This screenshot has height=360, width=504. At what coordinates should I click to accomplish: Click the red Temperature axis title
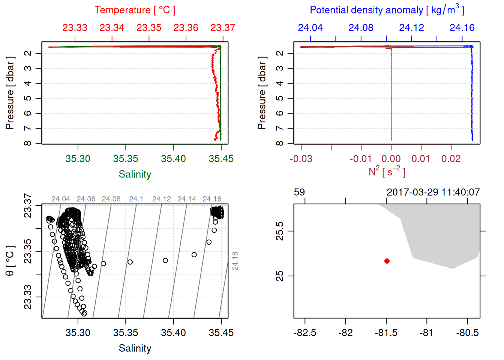pos(135,10)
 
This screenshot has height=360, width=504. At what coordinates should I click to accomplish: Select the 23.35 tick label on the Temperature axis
pos(149,28)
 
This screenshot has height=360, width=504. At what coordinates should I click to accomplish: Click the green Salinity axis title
pos(135,174)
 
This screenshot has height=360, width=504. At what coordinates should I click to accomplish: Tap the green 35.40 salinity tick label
pos(173,159)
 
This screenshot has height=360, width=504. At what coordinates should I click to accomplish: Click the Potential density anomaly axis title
pos(387,10)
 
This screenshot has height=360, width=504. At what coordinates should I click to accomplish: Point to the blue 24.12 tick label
pos(411,28)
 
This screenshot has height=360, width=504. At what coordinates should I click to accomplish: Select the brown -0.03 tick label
pos(301,159)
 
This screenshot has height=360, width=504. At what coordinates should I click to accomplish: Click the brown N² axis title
pos(387,172)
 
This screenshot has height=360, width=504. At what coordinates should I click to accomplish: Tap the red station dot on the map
pos(387,261)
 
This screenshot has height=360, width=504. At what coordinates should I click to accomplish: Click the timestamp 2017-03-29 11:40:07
pos(433,192)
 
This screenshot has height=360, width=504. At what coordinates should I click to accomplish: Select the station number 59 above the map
pos(299,192)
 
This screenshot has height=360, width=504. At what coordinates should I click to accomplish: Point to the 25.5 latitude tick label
pos(280,231)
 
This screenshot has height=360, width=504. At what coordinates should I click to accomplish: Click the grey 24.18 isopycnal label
pos(235,261)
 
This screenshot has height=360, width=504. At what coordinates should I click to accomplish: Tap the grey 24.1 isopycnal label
pos(136,199)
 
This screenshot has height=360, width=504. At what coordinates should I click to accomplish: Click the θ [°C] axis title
pos(10,261)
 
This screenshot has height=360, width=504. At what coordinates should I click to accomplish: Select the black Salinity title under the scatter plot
pos(135,348)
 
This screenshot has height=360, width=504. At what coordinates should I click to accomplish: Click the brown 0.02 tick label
pos(451,159)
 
